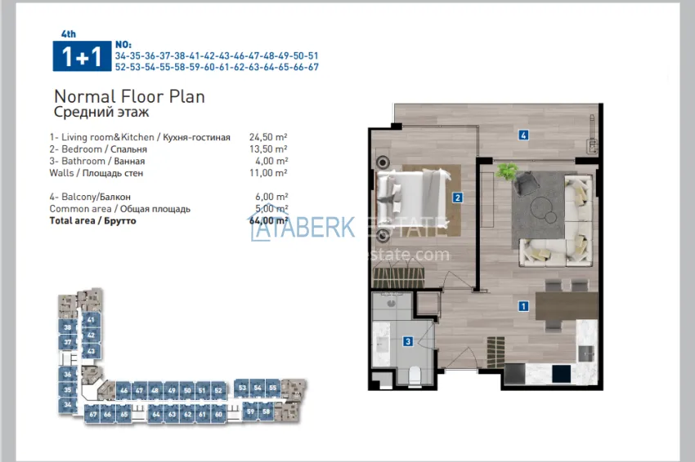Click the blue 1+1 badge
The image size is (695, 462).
click(77, 56)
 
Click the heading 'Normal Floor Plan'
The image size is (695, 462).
click(129, 96)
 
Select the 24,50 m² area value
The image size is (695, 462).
click(268, 137)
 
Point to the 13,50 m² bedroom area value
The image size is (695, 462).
click(268, 149)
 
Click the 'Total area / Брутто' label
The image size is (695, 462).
click(92, 220)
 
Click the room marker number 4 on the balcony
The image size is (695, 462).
click(522, 135)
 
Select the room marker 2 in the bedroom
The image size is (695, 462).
click(458, 197)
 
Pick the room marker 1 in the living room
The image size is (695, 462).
click(522, 307)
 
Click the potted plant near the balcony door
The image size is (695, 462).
click(507, 172)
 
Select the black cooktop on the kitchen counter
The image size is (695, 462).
click(561, 373)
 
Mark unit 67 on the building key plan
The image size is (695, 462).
click(93, 415)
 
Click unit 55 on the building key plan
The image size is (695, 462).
click(272, 388)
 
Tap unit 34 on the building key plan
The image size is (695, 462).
click(68, 404)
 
